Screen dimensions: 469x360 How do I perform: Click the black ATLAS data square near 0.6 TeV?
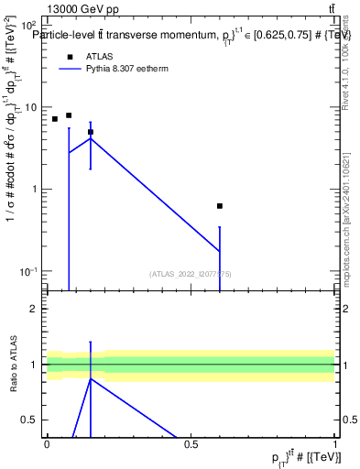pyautogui.click(x=220, y=206)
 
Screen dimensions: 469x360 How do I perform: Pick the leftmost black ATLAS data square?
pyautogui.click(x=54, y=119)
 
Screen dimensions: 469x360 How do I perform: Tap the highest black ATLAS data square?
pyautogui.click(x=69, y=115)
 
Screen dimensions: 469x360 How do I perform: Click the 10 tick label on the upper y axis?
pyautogui.click(x=29, y=107)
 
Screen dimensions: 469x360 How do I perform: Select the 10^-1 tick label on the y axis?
pyautogui.click(x=29, y=271)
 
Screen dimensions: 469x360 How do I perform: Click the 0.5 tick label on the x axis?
pyautogui.click(x=191, y=443)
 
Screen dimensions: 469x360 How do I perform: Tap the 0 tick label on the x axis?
pyautogui.click(x=47, y=443)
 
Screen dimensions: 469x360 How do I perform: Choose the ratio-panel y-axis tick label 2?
pyautogui.click(x=34, y=309)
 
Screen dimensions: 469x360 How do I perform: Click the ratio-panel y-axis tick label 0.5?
pyautogui.click(x=30, y=420)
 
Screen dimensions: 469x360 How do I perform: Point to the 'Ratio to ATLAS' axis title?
pyautogui.click(x=14, y=364)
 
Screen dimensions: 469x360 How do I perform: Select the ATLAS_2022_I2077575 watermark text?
pyautogui.click(x=191, y=274)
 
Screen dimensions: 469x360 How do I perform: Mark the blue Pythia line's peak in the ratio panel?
pyautogui.click(x=90, y=378)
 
